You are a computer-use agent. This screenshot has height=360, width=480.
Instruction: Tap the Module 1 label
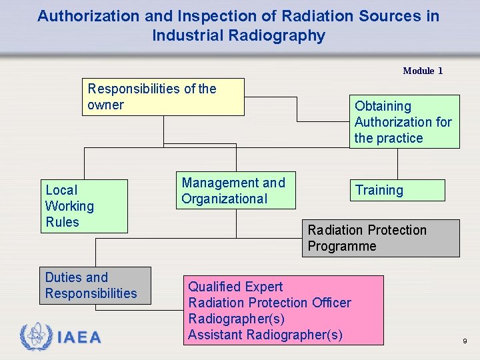pyautogui.click(x=423, y=71)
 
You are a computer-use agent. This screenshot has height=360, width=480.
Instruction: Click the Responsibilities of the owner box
pyautogui.click(x=163, y=97)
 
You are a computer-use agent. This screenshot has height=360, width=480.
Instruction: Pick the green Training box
pyautogui.click(x=397, y=190)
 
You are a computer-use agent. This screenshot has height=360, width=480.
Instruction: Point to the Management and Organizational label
pyautogui.click(x=233, y=191)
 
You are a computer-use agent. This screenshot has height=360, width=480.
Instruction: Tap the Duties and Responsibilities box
pyautogui.click(x=95, y=285)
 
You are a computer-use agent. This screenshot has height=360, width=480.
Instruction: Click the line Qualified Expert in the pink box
pyautogui.click(x=235, y=287)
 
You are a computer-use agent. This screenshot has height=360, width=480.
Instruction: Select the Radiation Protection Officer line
pyautogui.click(x=269, y=303)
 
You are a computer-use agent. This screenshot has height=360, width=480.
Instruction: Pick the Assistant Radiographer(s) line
pyautogui.click(x=265, y=335)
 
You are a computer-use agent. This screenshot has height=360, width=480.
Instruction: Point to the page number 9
pyautogui.click(x=465, y=341)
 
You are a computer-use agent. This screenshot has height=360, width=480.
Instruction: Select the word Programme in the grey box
pyautogui.click(x=342, y=246)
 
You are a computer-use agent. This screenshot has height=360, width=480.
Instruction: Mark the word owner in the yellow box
pyautogui.click(x=105, y=105)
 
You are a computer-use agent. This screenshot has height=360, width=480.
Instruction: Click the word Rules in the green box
pyautogui.click(x=62, y=222)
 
